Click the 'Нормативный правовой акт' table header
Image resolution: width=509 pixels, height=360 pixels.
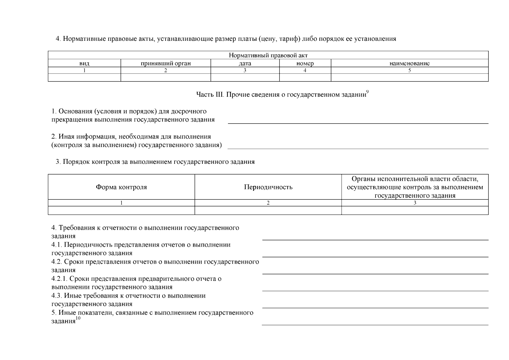[x=268, y=55]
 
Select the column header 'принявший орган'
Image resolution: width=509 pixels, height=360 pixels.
[x=166, y=64]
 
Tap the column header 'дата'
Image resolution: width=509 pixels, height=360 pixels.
[x=245, y=64]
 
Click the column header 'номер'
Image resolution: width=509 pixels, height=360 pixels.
[x=305, y=64]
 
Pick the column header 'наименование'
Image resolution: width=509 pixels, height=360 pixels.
[x=409, y=64]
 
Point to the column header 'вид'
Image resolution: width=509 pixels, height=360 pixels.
[x=84, y=64]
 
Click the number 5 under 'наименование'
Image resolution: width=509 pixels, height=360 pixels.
[x=409, y=70]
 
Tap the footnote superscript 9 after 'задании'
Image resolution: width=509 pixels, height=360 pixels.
[x=367, y=92]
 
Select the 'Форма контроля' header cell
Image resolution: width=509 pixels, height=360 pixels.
[x=121, y=187]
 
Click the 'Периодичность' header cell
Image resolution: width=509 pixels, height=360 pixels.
[x=268, y=187]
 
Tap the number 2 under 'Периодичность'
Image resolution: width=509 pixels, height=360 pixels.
[x=268, y=203]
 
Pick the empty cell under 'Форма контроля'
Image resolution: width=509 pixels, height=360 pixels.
[x=121, y=210]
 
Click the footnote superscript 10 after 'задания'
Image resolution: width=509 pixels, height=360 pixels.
[x=78, y=319]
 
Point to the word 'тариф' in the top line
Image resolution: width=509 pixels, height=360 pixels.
[x=291, y=39]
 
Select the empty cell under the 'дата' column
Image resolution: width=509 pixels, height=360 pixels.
[x=245, y=78]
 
